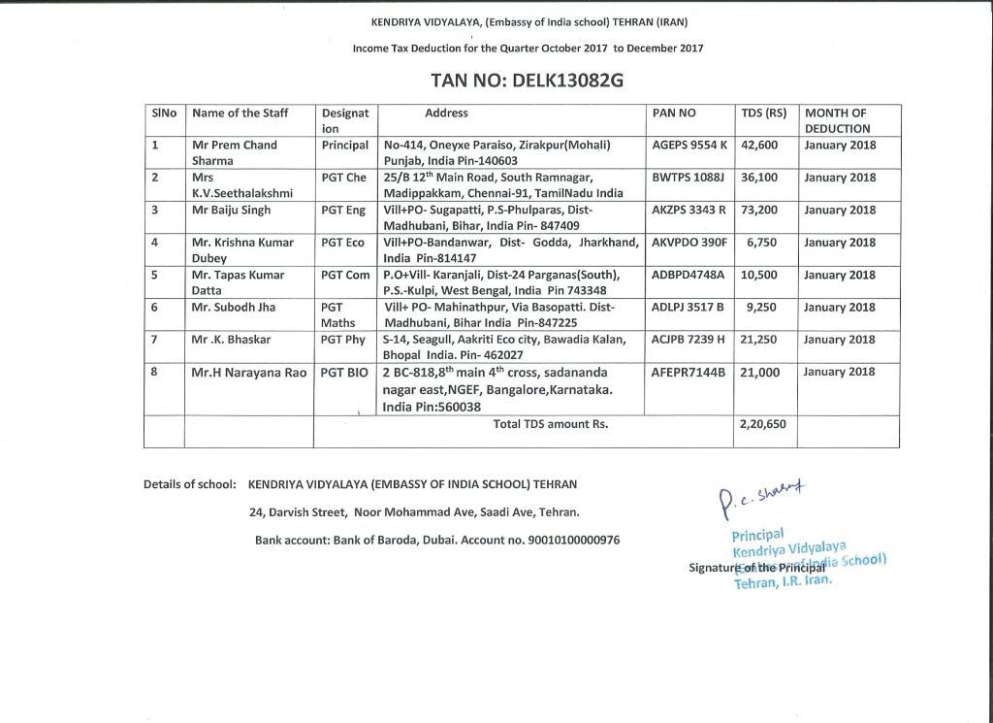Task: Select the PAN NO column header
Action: (674, 114)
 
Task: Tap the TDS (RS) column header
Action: (763, 114)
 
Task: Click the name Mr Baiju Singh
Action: (232, 211)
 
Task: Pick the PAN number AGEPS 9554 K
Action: (689, 146)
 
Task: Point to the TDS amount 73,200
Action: (759, 211)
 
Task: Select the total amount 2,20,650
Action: (762, 424)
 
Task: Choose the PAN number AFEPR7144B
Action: (689, 373)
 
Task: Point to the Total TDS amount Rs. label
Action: (551, 424)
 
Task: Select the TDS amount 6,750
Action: (763, 243)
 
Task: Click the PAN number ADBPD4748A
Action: (689, 276)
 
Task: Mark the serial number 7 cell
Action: (156, 340)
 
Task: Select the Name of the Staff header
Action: (240, 114)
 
